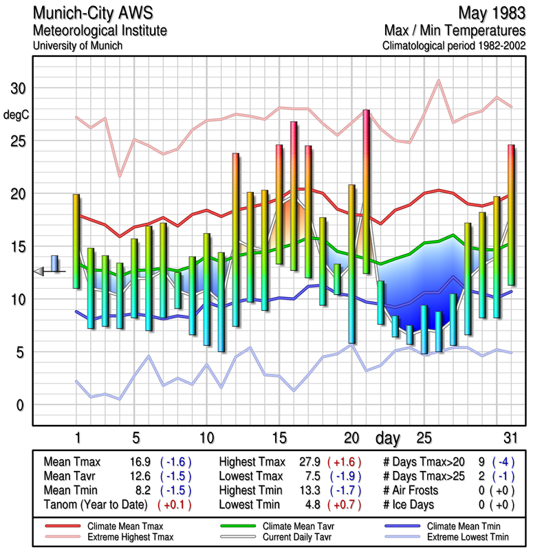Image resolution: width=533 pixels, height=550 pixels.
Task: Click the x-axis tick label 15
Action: tap(279, 438)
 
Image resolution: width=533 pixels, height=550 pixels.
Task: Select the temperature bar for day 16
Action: tap(294, 196)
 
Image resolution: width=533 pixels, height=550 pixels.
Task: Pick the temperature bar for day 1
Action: tap(76, 241)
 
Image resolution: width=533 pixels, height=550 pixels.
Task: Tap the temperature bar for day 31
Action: tap(511, 214)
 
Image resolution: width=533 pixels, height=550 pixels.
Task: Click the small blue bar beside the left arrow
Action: tap(54, 264)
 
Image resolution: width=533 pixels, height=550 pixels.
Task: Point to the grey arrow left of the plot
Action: tap(40, 272)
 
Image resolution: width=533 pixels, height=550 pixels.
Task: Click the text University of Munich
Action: tap(77, 45)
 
